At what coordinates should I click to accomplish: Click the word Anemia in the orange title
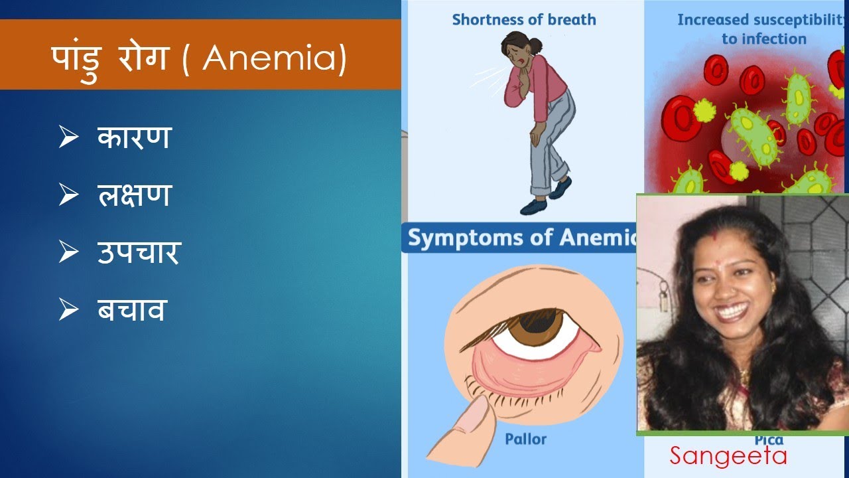coord(274,58)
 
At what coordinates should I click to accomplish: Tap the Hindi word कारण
coord(134,137)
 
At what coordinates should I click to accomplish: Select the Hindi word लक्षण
coord(134,195)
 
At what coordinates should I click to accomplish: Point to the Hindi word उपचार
coord(139,253)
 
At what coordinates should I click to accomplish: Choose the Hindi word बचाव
coord(131,309)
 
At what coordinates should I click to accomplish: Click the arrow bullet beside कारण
coord(68,138)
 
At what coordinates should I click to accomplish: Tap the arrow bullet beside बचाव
coord(68,310)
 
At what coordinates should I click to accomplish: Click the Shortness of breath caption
coord(524,20)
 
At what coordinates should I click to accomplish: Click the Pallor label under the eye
coord(526,439)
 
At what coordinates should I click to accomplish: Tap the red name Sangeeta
coord(728,456)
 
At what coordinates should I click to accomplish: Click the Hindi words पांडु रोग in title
coord(110,58)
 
